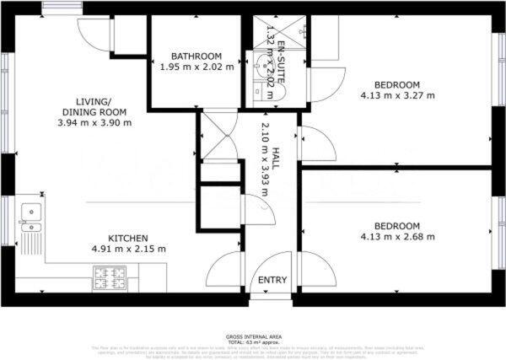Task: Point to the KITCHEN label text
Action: point(127,239)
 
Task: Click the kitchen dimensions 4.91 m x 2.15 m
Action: point(127,250)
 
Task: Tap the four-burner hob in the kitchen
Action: point(109,275)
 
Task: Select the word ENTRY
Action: point(271,281)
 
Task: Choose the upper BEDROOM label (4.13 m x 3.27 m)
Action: point(396,84)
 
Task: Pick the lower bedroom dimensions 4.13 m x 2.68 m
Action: point(396,237)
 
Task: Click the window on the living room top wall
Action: point(56,8)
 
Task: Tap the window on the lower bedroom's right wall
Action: point(499,221)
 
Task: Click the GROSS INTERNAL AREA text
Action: point(254,336)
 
